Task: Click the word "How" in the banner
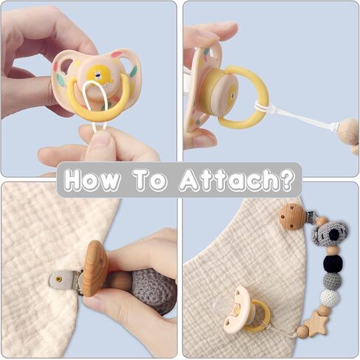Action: coord(91,179)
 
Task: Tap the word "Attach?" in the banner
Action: coord(236,180)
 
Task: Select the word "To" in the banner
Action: coord(150,180)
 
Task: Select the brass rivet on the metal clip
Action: coord(59,279)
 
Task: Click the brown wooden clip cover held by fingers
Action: coord(94,268)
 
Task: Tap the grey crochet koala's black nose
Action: coord(333,234)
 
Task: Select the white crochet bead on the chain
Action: coord(330,297)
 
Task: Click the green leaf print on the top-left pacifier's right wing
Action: coord(133,71)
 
